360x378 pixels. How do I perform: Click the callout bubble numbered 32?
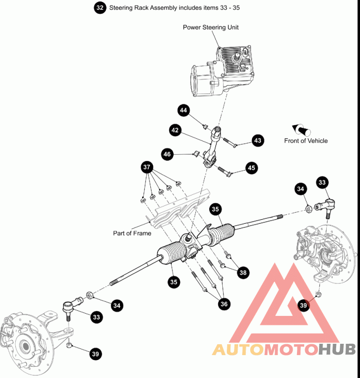100,8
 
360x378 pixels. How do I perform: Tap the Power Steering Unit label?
211,27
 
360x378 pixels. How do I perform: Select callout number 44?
184,110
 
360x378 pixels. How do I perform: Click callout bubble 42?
175,130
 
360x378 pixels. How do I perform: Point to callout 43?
257,141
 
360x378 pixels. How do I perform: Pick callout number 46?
168,154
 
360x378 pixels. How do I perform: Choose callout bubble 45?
252,168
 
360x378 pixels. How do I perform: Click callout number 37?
147,167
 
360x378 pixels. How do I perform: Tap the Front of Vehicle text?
306,141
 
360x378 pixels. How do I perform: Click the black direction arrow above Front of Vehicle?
301,130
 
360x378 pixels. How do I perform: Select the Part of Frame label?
132,234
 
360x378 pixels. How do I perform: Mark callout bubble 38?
243,272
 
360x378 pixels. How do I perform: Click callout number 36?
224,304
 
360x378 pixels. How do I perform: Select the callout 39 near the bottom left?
95,354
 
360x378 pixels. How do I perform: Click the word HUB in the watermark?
337,349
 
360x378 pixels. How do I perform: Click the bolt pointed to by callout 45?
224,171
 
